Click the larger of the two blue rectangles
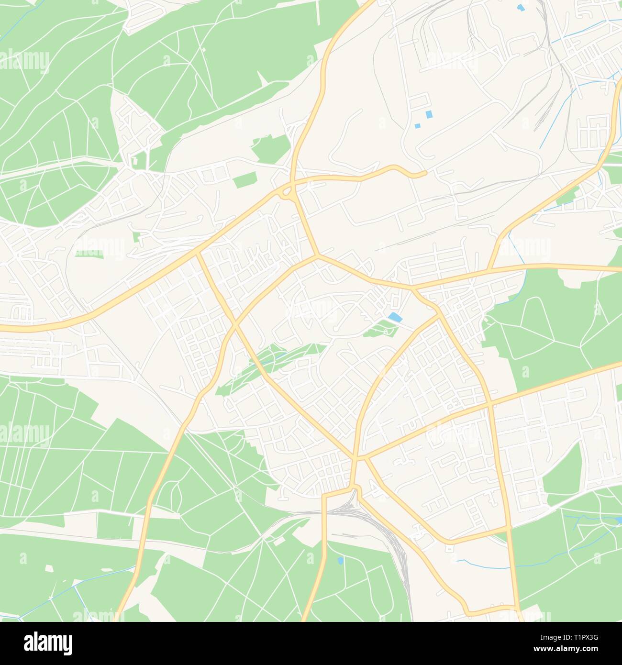[429, 114]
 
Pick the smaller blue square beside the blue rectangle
[417, 126]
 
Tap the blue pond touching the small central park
[395, 317]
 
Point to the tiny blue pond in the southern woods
[340, 560]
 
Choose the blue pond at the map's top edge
[520, 8]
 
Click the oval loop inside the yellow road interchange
[288, 193]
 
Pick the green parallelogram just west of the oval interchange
[244, 181]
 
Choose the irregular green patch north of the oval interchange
[270, 148]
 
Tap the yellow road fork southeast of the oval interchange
[315, 257]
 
